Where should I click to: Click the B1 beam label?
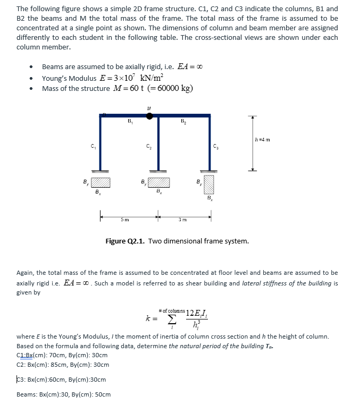tap(129, 122)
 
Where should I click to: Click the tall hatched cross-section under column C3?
tap(208, 184)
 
